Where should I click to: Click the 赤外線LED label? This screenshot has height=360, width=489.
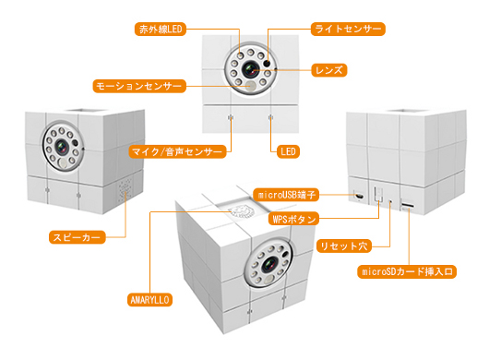click(161, 30)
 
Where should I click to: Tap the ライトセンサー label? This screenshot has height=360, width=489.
click(348, 29)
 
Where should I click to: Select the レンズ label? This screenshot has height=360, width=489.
click(329, 70)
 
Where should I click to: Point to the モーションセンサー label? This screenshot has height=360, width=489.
click(139, 86)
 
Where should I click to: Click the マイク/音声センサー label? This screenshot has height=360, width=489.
click(177, 152)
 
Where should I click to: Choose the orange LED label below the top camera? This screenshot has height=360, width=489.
click(288, 152)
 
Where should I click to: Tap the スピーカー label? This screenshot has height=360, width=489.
click(77, 237)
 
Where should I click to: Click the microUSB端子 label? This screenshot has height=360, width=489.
click(286, 195)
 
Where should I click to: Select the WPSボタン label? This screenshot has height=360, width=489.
click(293, 219)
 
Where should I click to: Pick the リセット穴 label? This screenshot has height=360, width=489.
click(343, 246)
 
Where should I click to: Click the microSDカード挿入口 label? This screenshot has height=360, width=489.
click(407, 271)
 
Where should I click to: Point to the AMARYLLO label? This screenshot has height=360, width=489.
click(149, 300)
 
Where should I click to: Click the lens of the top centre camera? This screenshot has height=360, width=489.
click(250, 69)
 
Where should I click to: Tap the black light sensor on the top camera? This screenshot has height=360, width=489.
click(267, 63)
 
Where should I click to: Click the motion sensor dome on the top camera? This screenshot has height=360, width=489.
click(250, 85)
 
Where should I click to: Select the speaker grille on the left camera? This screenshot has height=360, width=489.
click(125, 189)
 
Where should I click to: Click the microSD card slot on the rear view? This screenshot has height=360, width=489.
click(408, 206)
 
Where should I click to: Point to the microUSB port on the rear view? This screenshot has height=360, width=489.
click(359, 197)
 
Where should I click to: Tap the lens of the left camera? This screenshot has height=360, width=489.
click(62, 147)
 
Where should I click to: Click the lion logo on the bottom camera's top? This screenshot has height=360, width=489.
click(242, 212)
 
